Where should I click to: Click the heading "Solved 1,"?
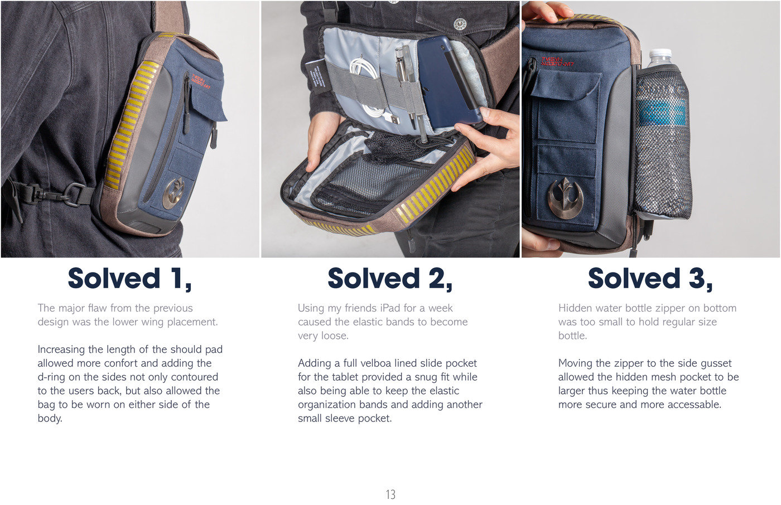(129, 279)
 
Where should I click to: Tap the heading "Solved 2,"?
(390, 279)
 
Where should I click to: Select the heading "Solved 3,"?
(650, 279)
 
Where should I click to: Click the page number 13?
(390, 494)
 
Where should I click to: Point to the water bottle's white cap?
(659, 57)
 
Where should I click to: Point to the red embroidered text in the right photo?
(557, 62)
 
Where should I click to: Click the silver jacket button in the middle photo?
(460, 23)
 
